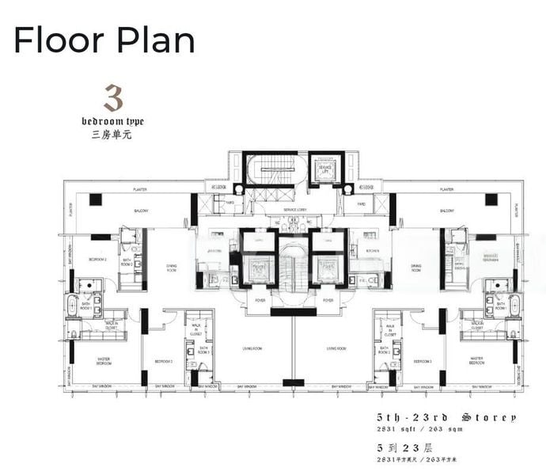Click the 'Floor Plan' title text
104,39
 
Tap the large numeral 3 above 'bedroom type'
113,99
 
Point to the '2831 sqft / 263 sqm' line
442,428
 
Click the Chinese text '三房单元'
112,134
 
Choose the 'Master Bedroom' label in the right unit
476,361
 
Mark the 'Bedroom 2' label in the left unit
97,259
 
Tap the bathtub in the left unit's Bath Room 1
74,306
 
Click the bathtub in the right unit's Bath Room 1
513,306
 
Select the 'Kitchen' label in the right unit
373,250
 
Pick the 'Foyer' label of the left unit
260,301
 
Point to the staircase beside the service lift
271,169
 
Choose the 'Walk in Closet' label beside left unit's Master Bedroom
112,324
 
